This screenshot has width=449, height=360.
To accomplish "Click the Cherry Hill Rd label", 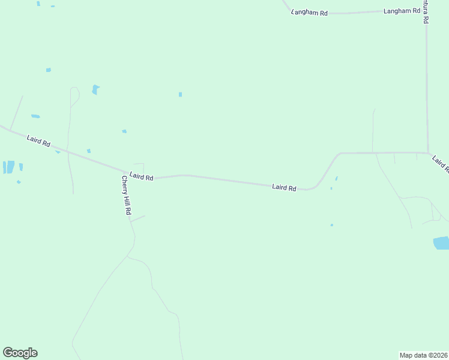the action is tap(126, 197).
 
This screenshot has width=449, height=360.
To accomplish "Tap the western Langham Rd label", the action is tap(309, 12).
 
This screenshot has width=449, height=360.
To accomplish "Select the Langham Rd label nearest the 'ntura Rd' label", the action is tap(402, 11).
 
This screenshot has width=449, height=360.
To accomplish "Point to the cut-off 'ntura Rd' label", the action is tap(425, 11).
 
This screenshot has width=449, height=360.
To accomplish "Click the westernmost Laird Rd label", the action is tap(38, 142).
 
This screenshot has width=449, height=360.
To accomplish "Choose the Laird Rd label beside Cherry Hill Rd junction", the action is tap(142, 177).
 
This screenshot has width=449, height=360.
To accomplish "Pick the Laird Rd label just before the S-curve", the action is tap(284, 188).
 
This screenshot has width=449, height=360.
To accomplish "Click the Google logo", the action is tap(20, 353).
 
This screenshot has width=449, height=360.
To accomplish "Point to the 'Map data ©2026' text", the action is tap(423, 355).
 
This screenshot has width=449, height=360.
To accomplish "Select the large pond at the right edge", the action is tap(441, 243).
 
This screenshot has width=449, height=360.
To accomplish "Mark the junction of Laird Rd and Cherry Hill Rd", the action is tap(125, 171).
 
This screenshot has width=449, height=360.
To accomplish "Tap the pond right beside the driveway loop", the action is tap(95, 89).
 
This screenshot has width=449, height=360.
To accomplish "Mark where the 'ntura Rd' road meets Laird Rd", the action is tap(427, 152).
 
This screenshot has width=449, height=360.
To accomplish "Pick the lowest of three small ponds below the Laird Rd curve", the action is tap(331, 225).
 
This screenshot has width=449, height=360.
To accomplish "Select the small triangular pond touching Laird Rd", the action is tap(58, 152).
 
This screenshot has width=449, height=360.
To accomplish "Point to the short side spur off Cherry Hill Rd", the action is tap(137, 218).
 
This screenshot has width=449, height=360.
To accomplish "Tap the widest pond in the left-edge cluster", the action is tap(9, 167).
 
